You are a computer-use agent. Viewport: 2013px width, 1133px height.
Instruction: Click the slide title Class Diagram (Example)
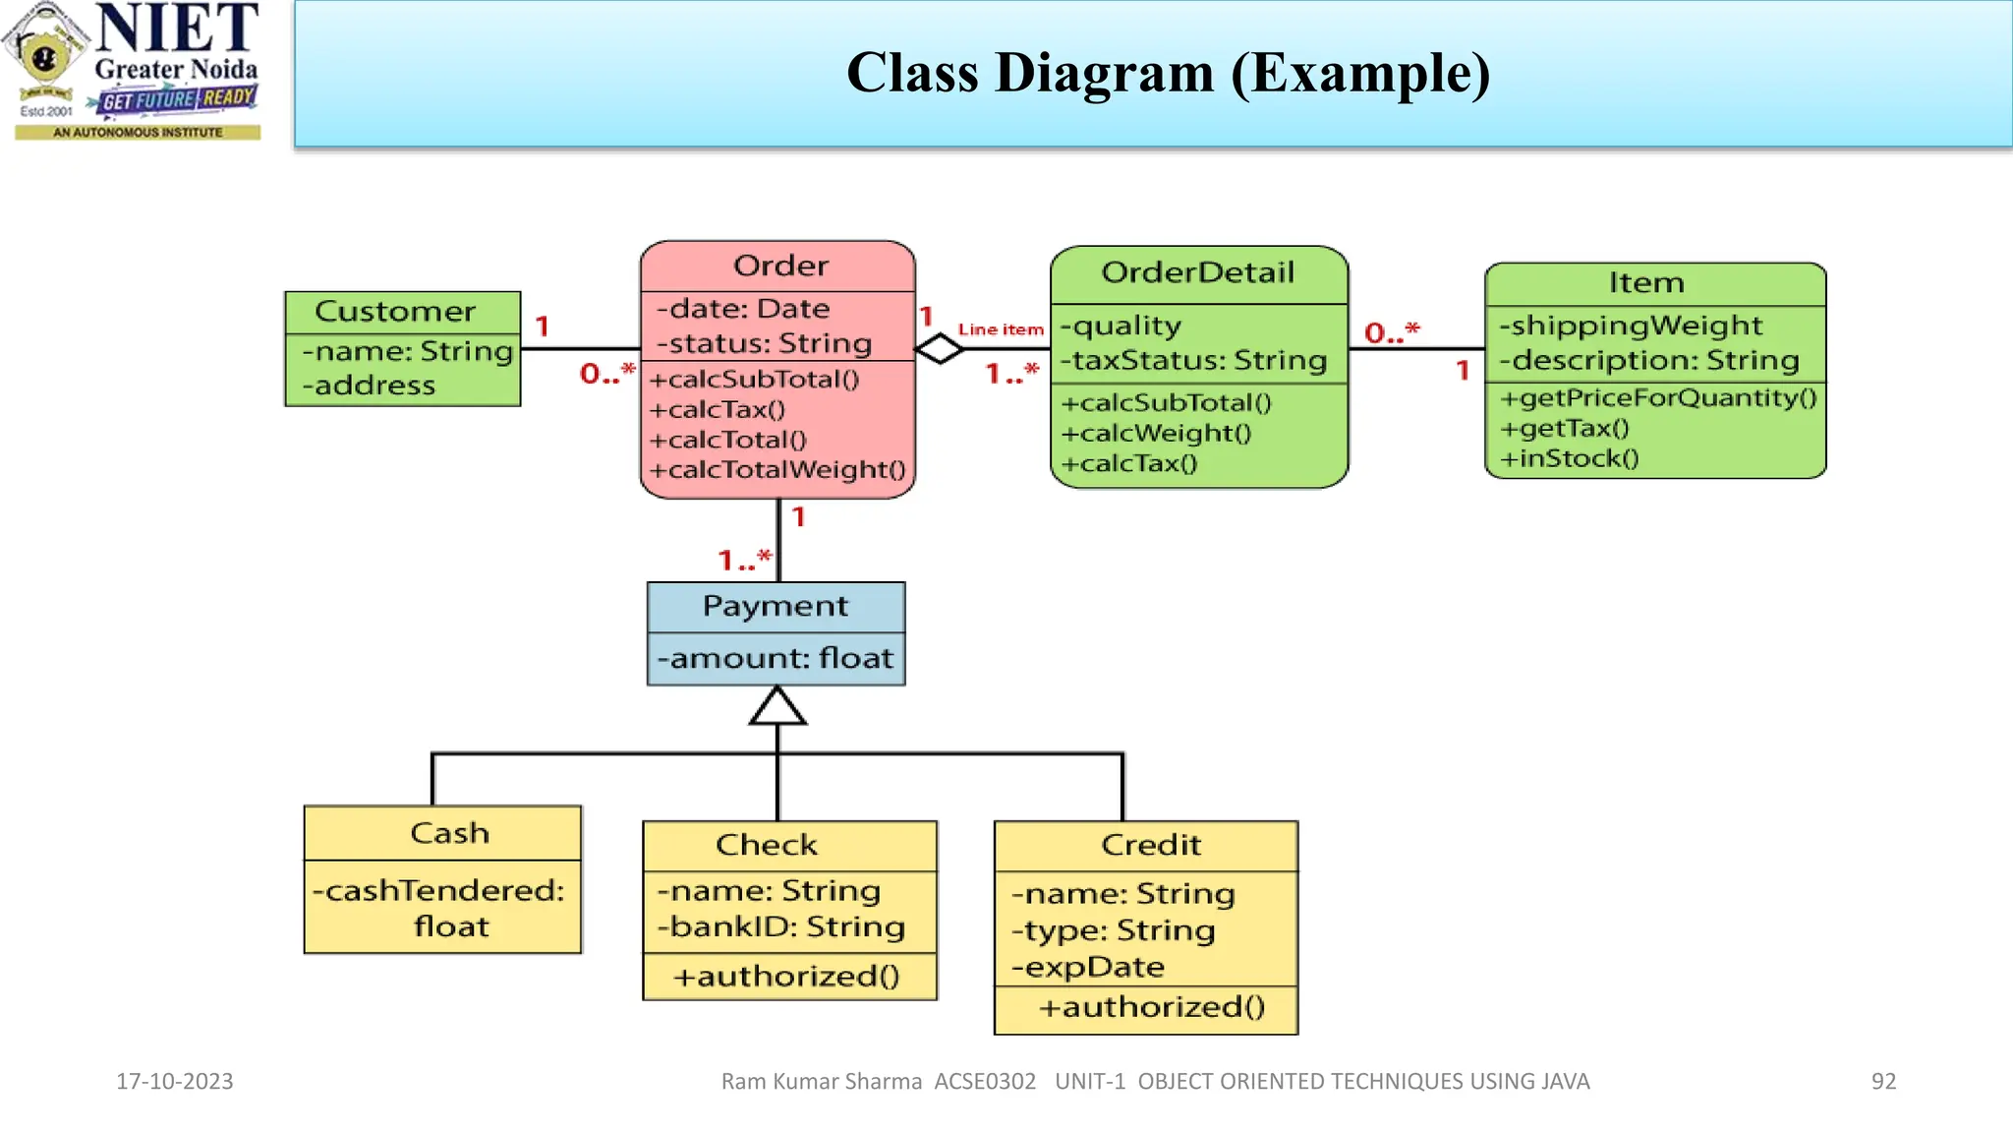click(1168, 74)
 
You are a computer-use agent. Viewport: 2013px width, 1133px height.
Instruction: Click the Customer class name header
click(395, 312)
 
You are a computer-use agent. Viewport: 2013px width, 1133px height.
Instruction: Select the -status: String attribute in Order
click(764, 343)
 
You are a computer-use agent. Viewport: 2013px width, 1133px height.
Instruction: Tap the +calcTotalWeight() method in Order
click(776, 470)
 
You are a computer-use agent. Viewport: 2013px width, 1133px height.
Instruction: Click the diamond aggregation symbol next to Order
click(940, 348)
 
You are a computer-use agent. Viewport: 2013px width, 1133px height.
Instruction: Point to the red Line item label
click(1000, 329)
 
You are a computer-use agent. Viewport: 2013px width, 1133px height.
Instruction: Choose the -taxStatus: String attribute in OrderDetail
click(1193, 361)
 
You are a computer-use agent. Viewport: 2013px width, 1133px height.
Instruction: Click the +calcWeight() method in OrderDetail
click(1156, 433)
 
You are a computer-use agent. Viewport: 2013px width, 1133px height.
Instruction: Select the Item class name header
click(1646, 283)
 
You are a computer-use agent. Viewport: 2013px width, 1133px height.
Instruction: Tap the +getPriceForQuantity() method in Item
click(1658, 397)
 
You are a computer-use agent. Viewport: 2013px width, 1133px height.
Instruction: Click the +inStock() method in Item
click(1569, 458)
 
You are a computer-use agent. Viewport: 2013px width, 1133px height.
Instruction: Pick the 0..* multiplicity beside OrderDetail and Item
click(1392, 332)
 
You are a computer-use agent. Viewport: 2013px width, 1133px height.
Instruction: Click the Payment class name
click(775, 606)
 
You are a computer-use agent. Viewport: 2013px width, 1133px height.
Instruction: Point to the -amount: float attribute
click(775, 658)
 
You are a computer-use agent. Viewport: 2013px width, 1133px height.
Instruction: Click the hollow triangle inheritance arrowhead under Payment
click(777, 706)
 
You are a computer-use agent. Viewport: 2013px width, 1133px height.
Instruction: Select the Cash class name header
click(449, 833)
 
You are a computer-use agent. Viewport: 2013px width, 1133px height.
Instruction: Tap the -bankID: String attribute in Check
click(780, 926)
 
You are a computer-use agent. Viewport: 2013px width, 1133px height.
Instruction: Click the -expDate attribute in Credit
click(1088, 968)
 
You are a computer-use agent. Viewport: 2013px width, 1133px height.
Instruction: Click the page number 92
click(1882, 1081)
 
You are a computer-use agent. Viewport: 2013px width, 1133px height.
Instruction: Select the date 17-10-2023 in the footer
click(174, 1081)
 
